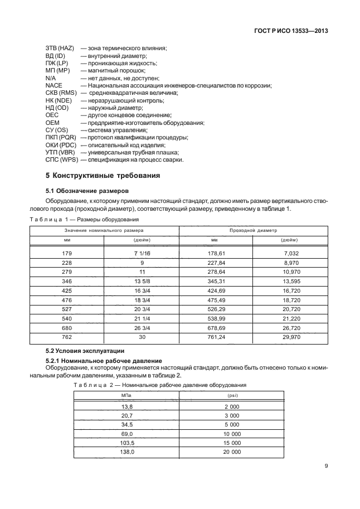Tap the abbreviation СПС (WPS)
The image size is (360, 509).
61,159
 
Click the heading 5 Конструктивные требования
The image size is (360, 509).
103,176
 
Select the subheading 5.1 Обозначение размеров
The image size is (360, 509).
87,190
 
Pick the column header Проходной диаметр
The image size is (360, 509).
254,230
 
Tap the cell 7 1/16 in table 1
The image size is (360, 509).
143,254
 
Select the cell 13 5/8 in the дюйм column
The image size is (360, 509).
143,281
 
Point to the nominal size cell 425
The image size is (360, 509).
67,290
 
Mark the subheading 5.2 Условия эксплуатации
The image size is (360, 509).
84,351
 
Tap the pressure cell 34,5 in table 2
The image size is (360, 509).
126,424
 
